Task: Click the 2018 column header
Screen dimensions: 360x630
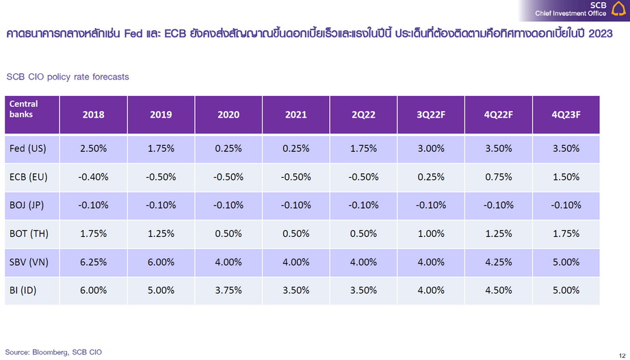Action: (93, 115)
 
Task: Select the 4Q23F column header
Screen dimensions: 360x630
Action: (566, 115)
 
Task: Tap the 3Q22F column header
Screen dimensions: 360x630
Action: (431, 115)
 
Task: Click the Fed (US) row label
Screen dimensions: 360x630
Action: (28, 149)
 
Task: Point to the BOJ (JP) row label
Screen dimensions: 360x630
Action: (28, 205)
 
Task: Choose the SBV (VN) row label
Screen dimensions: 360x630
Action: (29, 261)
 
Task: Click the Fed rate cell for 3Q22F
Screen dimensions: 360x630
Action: (431, 149)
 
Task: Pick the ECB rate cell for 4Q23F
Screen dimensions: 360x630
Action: (566, 177)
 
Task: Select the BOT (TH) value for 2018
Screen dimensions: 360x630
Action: (93, 233)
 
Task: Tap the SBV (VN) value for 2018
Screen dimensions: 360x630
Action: (93, 261)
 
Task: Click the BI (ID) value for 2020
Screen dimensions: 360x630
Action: (228, 290)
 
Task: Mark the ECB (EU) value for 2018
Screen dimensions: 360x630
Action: (93, 177)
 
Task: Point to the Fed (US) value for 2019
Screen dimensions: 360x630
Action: (161, 149)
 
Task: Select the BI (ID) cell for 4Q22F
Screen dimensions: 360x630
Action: (498, 290)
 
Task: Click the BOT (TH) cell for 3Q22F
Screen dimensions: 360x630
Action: (431, 233)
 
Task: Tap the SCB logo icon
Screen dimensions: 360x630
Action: (618, 10)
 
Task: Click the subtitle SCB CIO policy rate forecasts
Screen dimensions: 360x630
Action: (67, 77)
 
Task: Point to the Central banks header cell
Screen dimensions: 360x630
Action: (31, 115)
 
